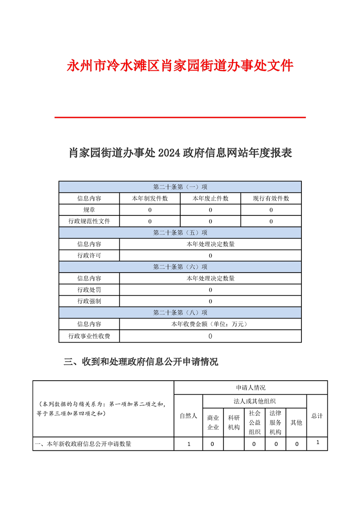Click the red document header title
[x=180, y=66]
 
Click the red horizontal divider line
[x=180, y=117]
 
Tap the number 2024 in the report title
[x=169, y=153]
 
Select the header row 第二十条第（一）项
[x=180, y=187]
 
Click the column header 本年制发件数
[x=150, y=198]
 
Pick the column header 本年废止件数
[x=210, y=198]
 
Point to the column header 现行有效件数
[x=271, y=198]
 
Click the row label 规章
[x=89, y=210]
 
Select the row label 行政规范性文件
[x=89, y=221]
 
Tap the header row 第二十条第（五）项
[x=180, y=233]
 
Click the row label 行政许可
[x=89, y=255]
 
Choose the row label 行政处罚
[x=89, y=290]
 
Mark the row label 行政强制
[x=89, y=301]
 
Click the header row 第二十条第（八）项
[x=180, y=313]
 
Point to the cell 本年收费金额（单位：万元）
[x=210, y=324]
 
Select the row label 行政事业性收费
[x=89, y=336]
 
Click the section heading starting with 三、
[x=141, y=362]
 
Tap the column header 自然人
[x=188, y=416]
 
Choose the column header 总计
[x=317, y=416]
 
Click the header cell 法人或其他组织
[x=255, y=401]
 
